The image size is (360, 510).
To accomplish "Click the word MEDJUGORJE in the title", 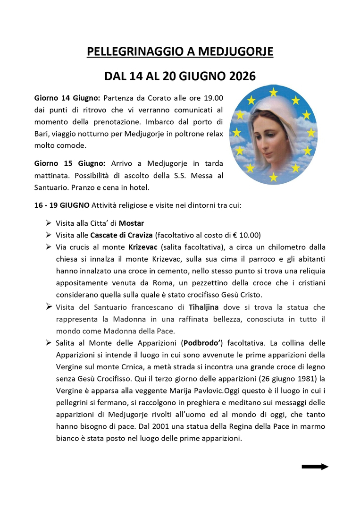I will point(234,51).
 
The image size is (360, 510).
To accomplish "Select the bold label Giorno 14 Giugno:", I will point(67,98).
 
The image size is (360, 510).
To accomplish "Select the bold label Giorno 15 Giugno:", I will point(67,163).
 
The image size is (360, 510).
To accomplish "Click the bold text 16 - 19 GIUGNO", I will point(62,205).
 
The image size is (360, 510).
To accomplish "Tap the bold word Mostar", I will point(132,223).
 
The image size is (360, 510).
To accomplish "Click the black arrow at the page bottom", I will point(315,467).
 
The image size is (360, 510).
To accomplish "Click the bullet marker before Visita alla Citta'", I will point(49,222).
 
